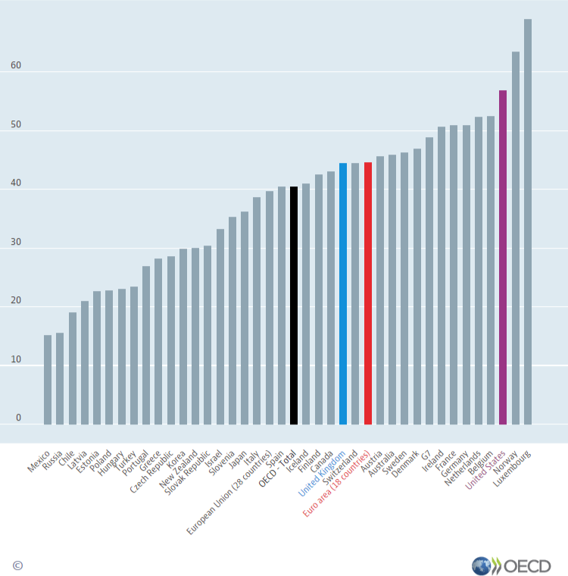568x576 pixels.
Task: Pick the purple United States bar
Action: click(x=503, y=257)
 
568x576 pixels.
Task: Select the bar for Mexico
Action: click(x=48, y=379)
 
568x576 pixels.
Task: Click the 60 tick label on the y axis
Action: click(x=17, y=66)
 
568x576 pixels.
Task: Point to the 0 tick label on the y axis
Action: click(x=19, y=418)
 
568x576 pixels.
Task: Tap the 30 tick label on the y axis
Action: click(x=17, y=242)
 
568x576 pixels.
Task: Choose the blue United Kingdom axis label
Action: click(x=322, y=474)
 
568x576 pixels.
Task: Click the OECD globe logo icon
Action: click(x=481, y=565)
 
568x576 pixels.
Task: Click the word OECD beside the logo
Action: click(x=527, y=565)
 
